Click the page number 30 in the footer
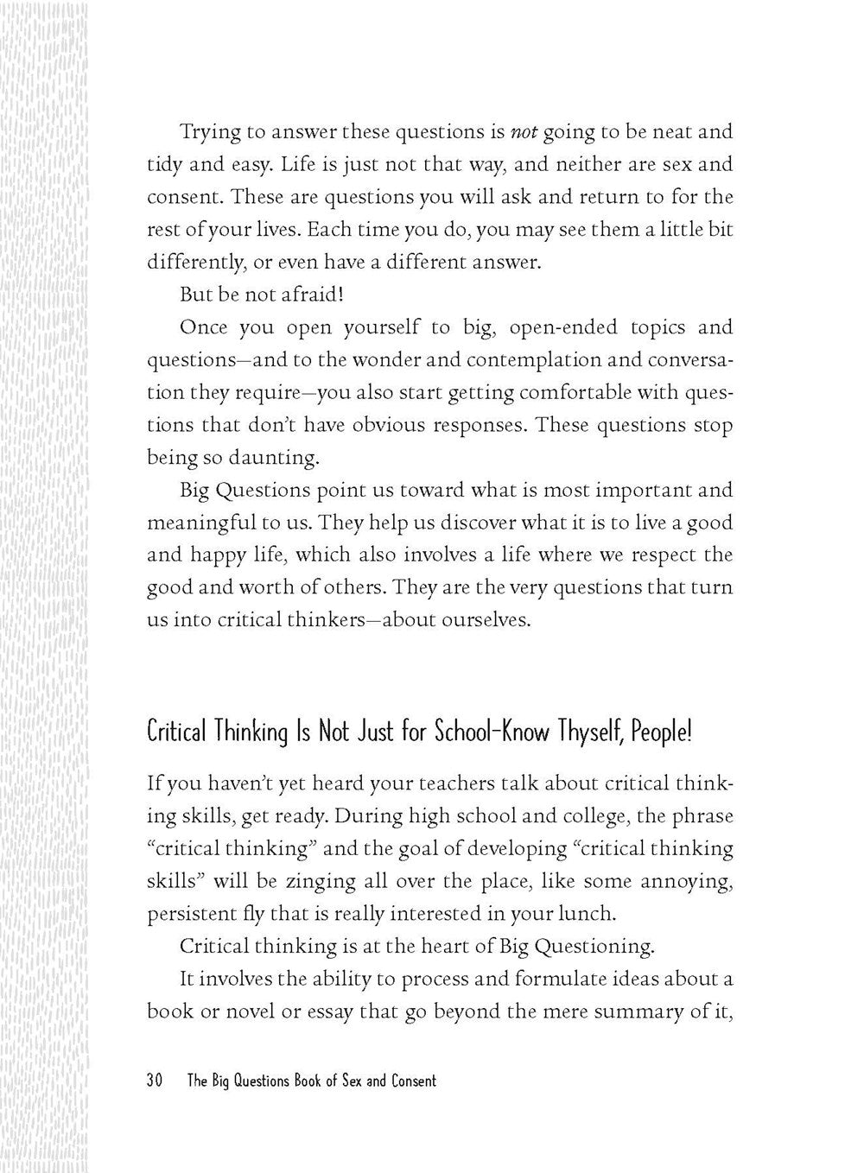pyautogui.click(x=156, y=1081)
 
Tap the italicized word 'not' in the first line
pyautogui.click(x=524, y=132)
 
